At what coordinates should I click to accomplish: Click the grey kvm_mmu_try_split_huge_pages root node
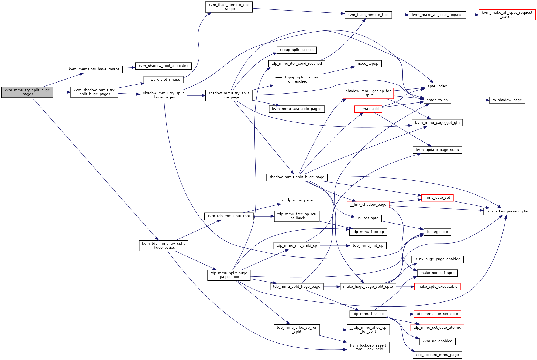27,92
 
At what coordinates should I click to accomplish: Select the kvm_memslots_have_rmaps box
94,69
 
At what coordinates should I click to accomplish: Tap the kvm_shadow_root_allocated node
163,66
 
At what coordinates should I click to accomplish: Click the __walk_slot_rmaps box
163,80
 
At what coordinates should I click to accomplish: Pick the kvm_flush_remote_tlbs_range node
229,7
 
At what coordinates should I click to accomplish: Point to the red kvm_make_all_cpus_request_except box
507,15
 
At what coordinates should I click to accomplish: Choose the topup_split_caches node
297,50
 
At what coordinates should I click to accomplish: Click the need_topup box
368,64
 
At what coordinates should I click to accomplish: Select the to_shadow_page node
507,100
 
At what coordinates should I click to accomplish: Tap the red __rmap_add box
368,109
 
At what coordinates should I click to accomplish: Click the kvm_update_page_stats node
437,150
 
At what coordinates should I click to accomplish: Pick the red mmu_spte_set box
437,198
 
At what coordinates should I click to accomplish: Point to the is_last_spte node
368,218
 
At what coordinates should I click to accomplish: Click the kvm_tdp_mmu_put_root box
229,216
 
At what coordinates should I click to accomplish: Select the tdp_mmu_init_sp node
368,246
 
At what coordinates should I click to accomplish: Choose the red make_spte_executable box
437,287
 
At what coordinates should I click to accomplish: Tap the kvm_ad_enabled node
437,341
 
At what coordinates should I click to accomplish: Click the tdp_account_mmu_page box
437,355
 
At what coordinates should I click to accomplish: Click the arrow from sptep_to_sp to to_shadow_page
470,100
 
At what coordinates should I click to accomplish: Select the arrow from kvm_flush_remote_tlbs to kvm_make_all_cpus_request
400,15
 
